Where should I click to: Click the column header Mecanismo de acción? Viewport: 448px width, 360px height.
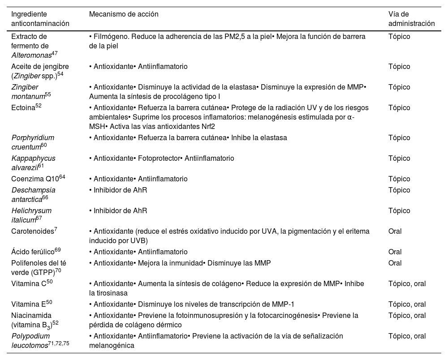pyautogui.click(x=124, y=14)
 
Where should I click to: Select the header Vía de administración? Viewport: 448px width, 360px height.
pyautogui.click(x=411, y=19)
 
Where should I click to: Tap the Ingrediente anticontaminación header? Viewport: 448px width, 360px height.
pyautogui.click(x=40, y=19)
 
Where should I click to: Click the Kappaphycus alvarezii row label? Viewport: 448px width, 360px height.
pyautogui.click(x=33, y=163)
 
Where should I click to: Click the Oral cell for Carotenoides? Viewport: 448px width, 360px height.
pyautogui.click(x=395, y=231)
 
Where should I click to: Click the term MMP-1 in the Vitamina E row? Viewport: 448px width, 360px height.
pyautogui.click(x=282, y=304)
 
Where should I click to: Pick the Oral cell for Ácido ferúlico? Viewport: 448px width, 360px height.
pyautogui.click(x=395, y=252)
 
